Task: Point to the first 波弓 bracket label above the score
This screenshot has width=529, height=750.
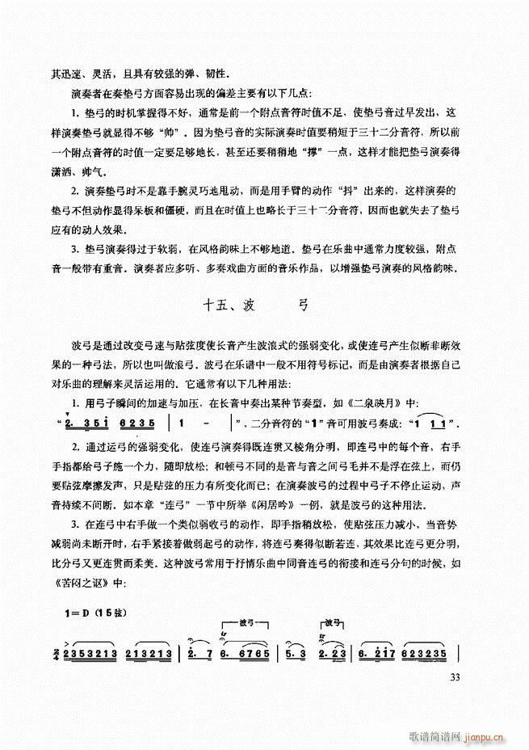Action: [x=250, y=622]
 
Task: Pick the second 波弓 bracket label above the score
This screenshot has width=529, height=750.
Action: [x=336, y=622]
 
